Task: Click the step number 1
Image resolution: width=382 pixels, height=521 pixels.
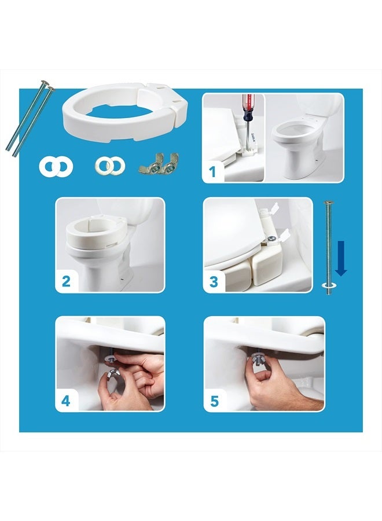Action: click(212, 172)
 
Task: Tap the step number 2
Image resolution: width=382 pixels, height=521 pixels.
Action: click(66, 281)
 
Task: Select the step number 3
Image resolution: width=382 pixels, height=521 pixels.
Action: click(214, 282)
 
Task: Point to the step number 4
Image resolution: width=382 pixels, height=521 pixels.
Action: click(66, 401)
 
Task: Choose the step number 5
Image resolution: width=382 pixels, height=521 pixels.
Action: click(214, 401)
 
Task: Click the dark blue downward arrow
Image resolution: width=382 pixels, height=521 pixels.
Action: click(341, 258)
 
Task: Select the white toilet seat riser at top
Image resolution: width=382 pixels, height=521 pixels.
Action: click(126, 112)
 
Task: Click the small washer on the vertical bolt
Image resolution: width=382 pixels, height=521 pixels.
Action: click(329, 285)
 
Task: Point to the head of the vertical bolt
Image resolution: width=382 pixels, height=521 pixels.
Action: click(329, 203)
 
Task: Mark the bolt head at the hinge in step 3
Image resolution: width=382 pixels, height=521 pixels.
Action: click(271, 239)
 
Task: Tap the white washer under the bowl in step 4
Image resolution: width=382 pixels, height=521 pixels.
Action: click(110, 358)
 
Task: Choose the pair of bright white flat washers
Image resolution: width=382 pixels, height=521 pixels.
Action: click(56, 167)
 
